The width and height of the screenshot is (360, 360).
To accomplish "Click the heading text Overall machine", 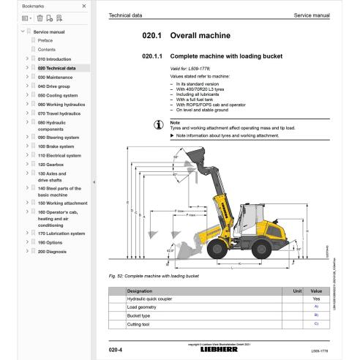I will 200,35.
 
